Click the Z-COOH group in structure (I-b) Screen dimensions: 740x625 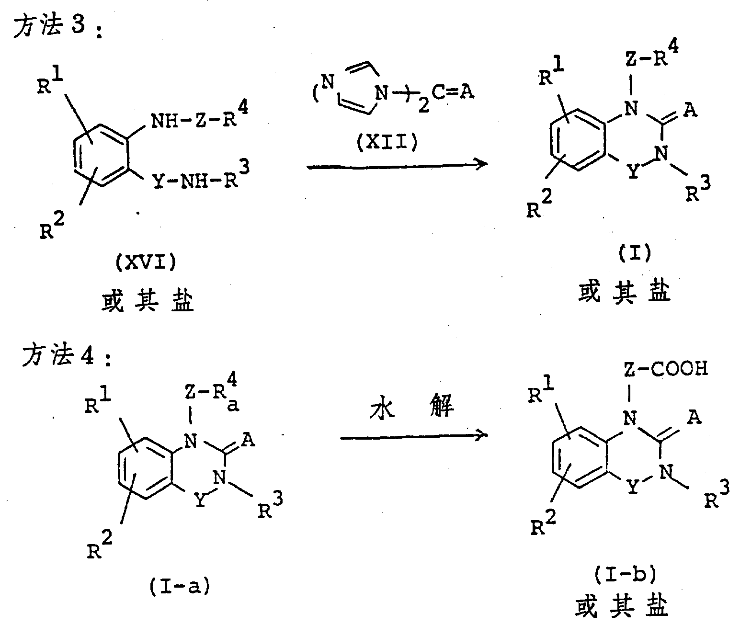665,369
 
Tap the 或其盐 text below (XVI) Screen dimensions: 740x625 148,302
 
